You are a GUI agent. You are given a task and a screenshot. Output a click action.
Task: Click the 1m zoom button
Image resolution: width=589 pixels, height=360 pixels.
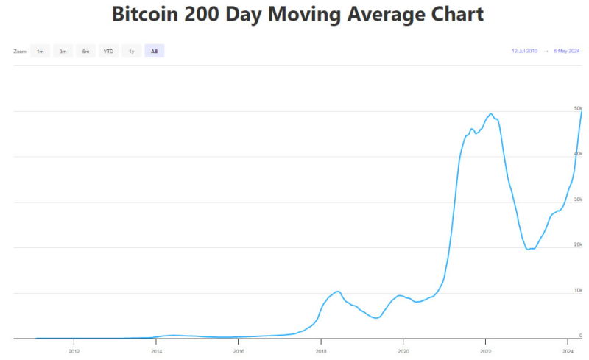point(40,51)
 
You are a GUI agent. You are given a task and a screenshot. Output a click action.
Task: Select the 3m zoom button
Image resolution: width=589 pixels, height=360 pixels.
point(63,51)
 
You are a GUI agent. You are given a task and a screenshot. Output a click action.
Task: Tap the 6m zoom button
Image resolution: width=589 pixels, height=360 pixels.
point(86,51)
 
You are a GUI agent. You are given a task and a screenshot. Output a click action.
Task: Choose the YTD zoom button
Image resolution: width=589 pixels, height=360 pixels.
point(108,51)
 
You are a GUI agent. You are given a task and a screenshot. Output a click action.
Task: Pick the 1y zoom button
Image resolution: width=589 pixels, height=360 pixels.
point(132,51)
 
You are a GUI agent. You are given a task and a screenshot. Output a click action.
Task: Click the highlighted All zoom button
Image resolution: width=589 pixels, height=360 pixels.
point(155,51)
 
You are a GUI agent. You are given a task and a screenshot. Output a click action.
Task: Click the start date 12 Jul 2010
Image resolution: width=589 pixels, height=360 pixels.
point(524,51)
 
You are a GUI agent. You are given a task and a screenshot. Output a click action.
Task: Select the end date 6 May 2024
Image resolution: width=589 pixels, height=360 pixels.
point(566,51)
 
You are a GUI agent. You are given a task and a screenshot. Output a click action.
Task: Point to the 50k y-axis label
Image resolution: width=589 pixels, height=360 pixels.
point(578,108)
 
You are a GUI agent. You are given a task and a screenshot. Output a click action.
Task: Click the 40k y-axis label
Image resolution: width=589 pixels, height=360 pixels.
point(578,154)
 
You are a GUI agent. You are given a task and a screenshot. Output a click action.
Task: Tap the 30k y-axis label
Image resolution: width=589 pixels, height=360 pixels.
point(578,200)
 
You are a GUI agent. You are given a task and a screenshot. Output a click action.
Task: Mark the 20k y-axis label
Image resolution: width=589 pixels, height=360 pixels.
point(578,244)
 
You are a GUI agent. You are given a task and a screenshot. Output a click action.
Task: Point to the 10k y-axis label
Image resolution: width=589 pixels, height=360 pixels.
point(578,290)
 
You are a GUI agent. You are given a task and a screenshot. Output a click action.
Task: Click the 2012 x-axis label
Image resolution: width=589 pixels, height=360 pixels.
point(74,351)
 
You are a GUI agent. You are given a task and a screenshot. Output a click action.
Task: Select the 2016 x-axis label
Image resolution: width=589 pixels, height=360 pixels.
point(239,351)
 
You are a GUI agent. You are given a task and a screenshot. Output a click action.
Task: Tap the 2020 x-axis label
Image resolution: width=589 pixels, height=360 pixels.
point(403,351)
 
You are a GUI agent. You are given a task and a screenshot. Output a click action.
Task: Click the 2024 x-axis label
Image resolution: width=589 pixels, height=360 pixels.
point(568,351)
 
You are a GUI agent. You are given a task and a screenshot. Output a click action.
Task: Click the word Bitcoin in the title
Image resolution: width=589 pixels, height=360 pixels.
point(145,14)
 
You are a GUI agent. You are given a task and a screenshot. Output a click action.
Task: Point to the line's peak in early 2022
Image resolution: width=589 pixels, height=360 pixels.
point(490,113)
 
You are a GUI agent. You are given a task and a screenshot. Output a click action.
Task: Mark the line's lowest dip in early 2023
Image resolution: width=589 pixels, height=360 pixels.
point(528,249)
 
